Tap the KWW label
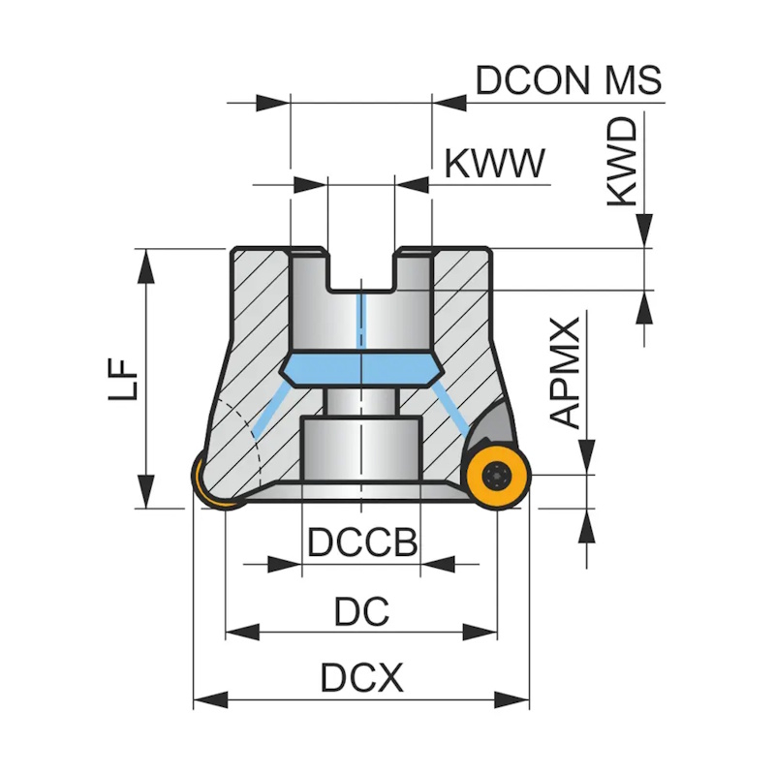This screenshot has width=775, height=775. tap(494, 165)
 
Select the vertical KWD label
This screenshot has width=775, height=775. tap(624, 162)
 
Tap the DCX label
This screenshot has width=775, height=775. tap(361, 679)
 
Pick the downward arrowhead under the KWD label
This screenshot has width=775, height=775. tap(642, 232)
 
